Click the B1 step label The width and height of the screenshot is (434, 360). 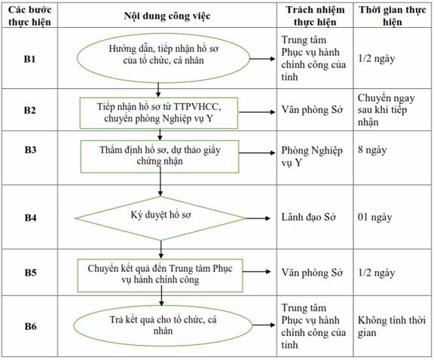(x=29, y=59)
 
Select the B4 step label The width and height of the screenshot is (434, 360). (x=30, y=218)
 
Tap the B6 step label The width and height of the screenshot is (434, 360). (x=30, y=326)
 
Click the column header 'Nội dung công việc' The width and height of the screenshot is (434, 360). (x=167, y=16)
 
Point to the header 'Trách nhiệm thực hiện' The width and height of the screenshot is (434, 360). (x=315, y=16)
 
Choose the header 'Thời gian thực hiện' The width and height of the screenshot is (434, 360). (x=393, y=16)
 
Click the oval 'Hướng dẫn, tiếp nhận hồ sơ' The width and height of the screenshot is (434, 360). (x=164, y=58)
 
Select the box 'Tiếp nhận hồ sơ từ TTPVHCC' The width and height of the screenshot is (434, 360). (x=159, y=113)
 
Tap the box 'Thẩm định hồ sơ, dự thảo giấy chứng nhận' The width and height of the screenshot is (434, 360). (x=160, y=157)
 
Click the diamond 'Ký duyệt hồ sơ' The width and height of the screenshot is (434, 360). (x=160, y=218)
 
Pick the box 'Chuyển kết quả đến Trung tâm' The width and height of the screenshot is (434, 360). (x=160, y=276)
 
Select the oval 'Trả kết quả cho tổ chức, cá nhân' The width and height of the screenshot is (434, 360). (x=163, y=325)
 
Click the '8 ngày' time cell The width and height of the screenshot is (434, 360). (x=372, y=150)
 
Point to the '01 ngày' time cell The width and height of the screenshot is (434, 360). (x=374, y=217)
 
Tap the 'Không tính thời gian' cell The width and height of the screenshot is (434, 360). (x=392, y=326)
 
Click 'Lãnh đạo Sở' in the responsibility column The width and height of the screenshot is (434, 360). (x=309, y=217)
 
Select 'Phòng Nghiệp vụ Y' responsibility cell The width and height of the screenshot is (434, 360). (x=312, y=157)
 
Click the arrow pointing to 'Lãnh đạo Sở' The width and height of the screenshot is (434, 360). (x=258, y=218)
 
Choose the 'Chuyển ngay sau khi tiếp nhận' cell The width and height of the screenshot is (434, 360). (x=386, y=110)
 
